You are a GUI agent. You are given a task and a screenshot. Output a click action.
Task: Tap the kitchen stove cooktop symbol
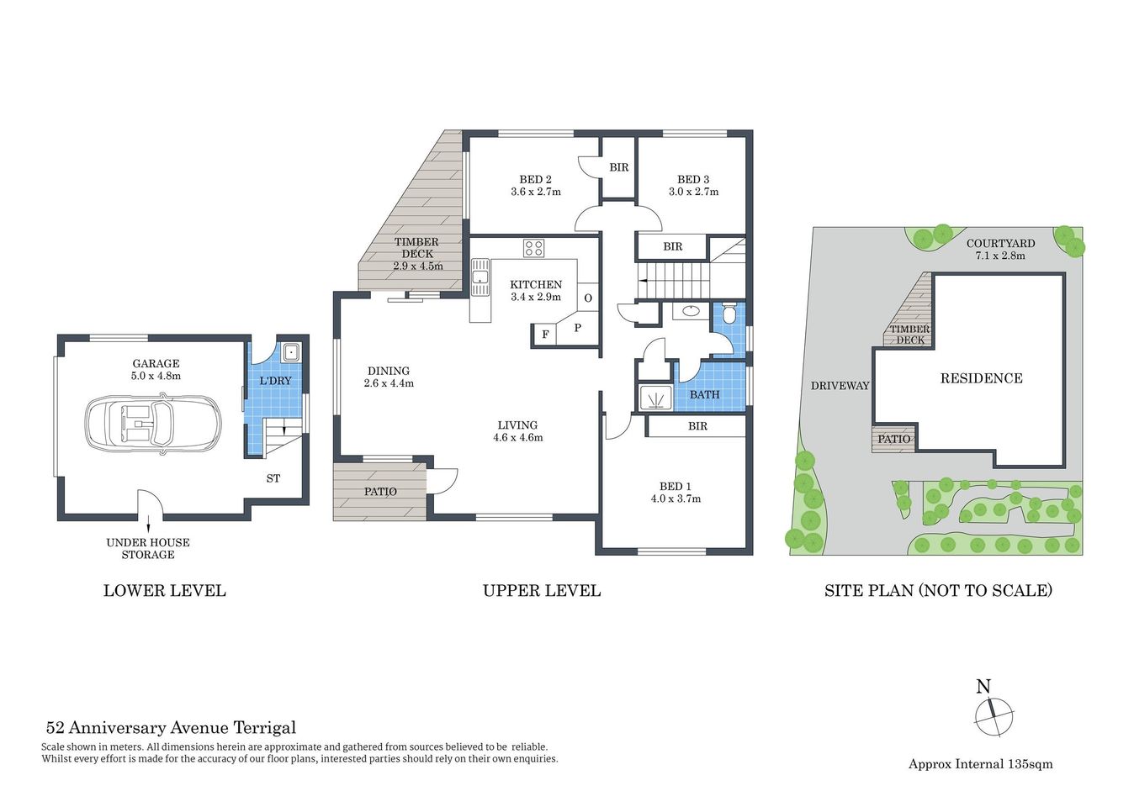533,248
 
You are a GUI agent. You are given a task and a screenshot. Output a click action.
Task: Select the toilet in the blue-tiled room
729,314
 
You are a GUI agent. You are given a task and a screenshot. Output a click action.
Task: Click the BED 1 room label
676,487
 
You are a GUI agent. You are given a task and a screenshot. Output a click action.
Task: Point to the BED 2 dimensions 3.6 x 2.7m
536,192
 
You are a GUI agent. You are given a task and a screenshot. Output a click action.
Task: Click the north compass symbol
994,715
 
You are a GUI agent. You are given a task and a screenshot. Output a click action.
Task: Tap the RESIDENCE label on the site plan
981,378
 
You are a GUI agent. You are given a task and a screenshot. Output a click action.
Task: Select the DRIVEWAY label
840,386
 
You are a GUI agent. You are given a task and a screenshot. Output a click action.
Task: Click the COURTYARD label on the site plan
1000,244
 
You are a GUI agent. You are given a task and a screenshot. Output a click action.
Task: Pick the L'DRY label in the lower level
275,381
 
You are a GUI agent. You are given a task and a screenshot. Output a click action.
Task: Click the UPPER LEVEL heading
542,591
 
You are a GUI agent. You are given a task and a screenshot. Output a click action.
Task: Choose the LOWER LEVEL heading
165,591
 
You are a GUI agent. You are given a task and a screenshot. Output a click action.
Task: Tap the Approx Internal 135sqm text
980,764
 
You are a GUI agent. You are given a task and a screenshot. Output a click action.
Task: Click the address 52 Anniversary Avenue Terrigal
171,728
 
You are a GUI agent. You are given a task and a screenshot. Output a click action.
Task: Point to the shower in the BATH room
655,397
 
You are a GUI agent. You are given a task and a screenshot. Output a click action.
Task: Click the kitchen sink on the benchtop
480,277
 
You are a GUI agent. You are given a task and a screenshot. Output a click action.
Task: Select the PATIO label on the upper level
380,492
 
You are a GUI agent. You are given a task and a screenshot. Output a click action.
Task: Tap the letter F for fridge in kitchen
545,335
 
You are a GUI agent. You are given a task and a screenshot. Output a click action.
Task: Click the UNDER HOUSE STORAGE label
148,548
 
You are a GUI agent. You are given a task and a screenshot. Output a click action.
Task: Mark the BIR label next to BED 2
619,167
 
